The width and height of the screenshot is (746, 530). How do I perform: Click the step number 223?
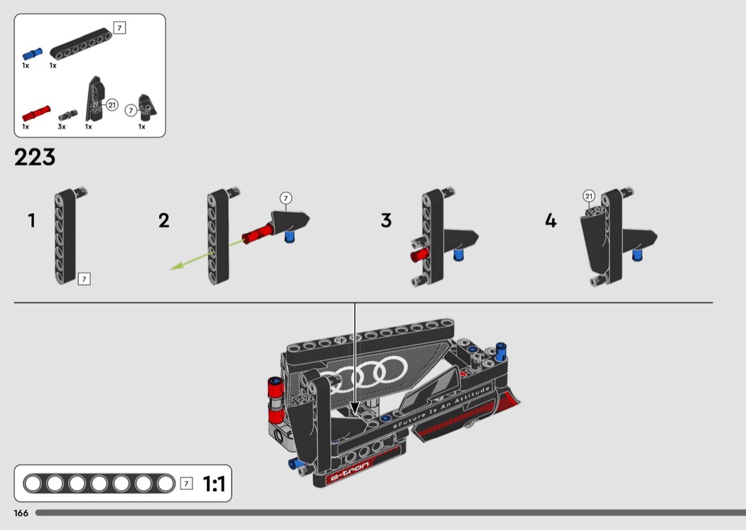point(35,157)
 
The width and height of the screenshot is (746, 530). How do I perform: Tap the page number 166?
point(21,513)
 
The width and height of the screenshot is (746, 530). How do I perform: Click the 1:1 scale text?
point(214,484)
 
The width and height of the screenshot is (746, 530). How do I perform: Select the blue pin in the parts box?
point(33,54)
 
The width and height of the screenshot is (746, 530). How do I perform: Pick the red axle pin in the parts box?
point(36,113)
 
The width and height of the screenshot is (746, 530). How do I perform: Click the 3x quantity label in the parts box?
point(62,126)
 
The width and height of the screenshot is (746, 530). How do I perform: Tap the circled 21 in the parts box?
point(112,104)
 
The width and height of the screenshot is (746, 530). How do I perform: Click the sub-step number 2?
point(163,220)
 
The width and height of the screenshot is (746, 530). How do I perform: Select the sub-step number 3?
point(386,220)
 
